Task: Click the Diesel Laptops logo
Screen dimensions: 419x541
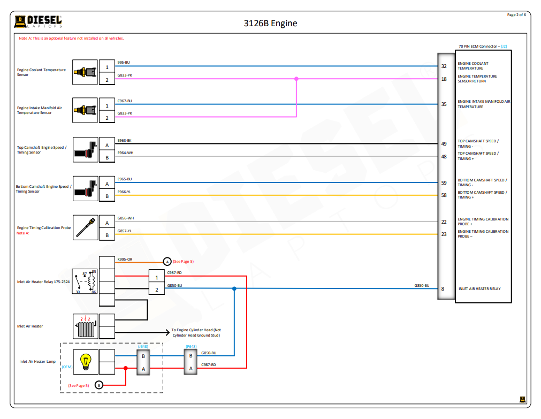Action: pos(38,21)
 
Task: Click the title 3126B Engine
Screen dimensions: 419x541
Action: pos(270,23)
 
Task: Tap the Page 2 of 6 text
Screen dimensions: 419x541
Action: pos(516,15)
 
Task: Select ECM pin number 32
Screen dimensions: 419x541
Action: pos(444,66)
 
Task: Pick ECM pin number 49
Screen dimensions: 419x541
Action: pos(444,144)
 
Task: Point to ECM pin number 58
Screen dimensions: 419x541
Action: pos(444,195)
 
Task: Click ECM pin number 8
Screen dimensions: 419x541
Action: pos(443,289)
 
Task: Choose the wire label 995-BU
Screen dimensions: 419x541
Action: pos(124,63)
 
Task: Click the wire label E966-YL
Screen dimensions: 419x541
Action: pos(124,192)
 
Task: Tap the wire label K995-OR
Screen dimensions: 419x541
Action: pos(125,259)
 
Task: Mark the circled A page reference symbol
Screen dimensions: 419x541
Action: pos(167,262)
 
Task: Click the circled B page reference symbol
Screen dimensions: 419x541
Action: pos(98,385)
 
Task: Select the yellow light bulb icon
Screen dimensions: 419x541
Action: pos(85,362)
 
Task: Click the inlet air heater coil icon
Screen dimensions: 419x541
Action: pos(85,326)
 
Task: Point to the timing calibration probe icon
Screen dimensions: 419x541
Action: pos(85,227)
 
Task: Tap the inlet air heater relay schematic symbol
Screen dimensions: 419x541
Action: pos(85,281)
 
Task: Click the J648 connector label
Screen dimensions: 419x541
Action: pos(143,346)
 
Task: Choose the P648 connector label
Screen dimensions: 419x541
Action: pos(191,346)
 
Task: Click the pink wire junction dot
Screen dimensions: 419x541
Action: pos(296,79)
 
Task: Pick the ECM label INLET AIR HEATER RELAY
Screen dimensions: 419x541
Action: pos(479,289)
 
